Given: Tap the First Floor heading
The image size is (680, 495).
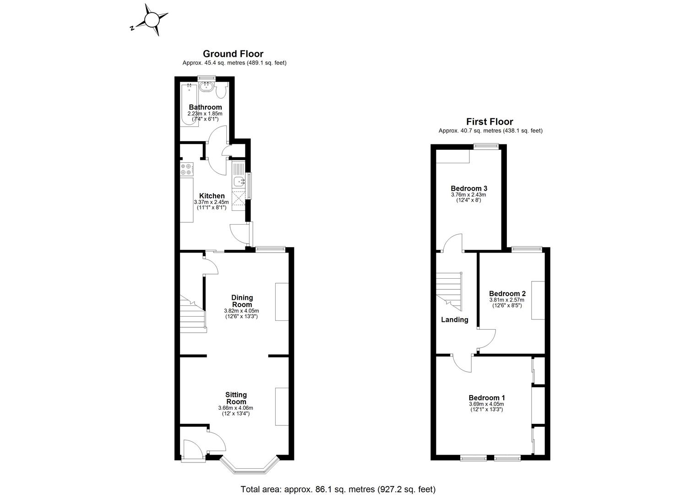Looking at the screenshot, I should (490, 122).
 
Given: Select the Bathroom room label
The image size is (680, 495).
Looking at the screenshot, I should (205, 107).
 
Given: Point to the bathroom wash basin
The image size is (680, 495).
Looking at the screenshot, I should (207, 86).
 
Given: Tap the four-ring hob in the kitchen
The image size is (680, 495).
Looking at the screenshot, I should (186, 169).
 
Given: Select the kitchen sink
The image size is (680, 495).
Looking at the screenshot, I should (239, 182).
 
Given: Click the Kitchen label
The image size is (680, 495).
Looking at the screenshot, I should (212, 196).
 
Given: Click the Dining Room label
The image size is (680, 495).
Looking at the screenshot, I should (242, 301).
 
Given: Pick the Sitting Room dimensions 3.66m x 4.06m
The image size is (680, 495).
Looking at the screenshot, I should (235, 408).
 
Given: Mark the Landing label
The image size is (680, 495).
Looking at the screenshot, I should (454, 320).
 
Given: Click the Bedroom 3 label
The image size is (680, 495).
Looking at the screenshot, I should (468, 188).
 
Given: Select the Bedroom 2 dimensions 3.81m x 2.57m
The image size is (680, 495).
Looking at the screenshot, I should (507, 300).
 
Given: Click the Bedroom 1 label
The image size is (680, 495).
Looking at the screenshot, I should (486, 398).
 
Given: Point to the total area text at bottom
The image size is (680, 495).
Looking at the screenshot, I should (338, 489).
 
